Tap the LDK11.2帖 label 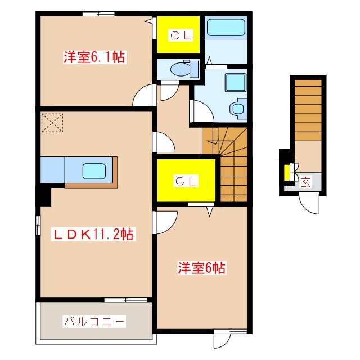click(x=93, y=234)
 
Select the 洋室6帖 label click(x=203, y=268)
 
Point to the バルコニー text click(x=94, y=322)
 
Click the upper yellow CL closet click(x=178, y=35)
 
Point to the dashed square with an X click(x=52, y=123)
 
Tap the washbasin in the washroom click(x=238, y=107)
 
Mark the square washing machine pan click(x=234, y=83)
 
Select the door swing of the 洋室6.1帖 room click(x=145, y=96)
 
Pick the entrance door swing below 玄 click(x=310, y=203)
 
